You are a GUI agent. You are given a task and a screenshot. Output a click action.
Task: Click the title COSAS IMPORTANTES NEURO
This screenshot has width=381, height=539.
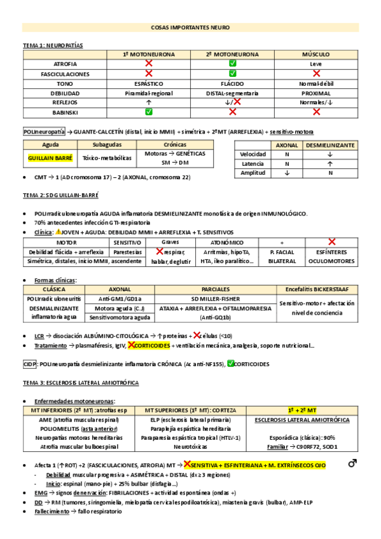190,29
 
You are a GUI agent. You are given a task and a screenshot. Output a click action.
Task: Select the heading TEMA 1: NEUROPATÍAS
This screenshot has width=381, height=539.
53,45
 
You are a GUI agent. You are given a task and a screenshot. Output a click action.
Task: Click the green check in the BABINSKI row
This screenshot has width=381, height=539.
149,112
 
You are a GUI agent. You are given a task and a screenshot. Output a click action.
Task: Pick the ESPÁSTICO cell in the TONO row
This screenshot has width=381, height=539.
149,83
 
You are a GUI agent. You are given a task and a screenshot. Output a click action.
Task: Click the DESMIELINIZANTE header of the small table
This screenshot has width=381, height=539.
330,145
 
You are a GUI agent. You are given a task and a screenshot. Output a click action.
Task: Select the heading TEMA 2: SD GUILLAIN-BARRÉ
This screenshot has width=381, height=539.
60,195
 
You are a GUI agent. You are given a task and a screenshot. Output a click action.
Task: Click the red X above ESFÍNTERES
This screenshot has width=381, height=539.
331,242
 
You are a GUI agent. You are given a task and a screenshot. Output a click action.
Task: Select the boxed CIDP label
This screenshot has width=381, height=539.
29,364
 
